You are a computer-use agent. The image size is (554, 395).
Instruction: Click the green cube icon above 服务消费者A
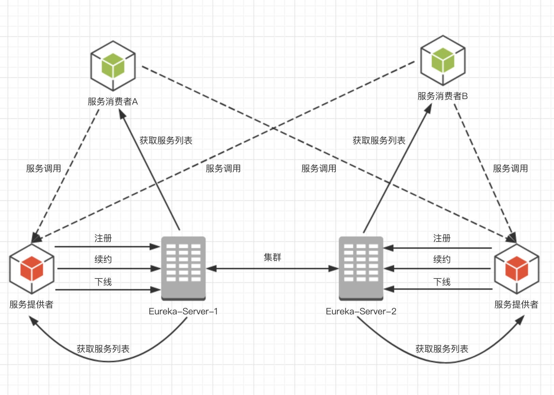tap(113, 66)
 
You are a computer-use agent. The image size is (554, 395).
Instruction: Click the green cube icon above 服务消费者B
tap(443, 60)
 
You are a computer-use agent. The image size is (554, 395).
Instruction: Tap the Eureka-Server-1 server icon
tap(183, 268)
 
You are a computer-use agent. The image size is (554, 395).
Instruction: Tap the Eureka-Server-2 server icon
tap(361, 268)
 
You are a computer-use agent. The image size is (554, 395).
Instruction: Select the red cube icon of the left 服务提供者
tap(32, 269)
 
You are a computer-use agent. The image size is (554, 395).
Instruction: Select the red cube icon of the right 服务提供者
tap(516, 269)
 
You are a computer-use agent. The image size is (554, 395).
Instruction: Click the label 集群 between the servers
tap(272, 257)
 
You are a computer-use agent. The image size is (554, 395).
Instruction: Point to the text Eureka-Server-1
tap(183, 311)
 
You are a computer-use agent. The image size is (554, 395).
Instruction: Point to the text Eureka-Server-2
tap(361, 311)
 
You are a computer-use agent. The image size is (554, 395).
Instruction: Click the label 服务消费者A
tap(113, 101)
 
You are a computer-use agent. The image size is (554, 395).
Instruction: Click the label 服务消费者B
tap(443, 96)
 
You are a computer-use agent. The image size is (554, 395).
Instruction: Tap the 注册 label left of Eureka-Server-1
tap(103, 238)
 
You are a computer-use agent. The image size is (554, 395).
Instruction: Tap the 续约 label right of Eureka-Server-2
tap(442, 259)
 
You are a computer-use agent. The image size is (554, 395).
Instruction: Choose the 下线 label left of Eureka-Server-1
tap(103, 282)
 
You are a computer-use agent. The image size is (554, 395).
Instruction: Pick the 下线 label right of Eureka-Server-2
tap(442, 282)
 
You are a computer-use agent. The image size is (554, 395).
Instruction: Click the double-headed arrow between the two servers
tap(272, 269)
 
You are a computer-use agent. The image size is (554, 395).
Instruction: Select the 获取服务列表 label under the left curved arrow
tap(103, 349)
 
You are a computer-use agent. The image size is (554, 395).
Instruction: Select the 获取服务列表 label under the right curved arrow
tap(442, 349)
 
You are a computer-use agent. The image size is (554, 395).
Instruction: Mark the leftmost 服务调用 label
tap(44, 168)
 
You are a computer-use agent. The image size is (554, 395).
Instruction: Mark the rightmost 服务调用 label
tap(510, 168)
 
